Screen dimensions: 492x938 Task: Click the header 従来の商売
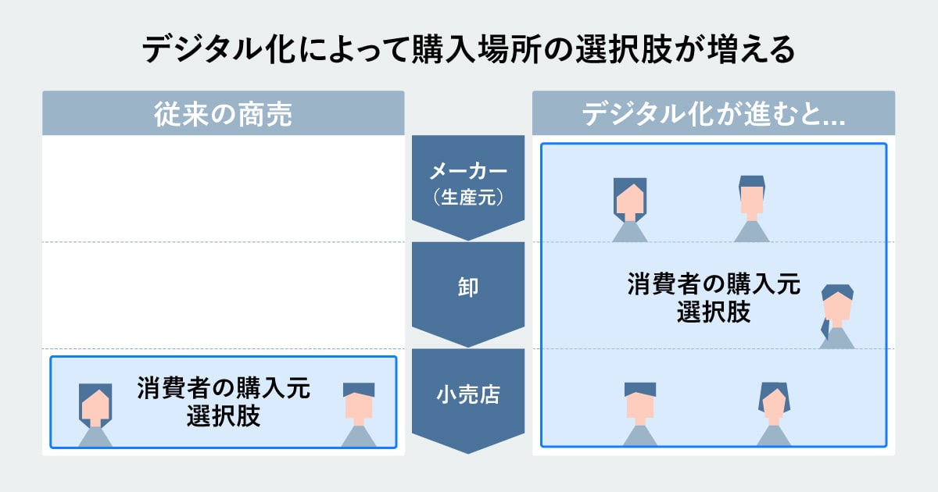tap(223, 114)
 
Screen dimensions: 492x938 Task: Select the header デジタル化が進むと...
tap(714, 114)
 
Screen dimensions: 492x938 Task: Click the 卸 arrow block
tap(468, 289)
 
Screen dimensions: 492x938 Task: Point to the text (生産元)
tap(468, 198)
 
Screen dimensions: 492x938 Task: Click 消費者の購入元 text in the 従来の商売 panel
tap(224, 388)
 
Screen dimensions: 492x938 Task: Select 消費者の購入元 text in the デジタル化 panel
tap(714, 284)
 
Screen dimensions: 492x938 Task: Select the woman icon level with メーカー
tap(629, 208)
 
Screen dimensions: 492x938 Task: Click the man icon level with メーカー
tap(751, 206)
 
